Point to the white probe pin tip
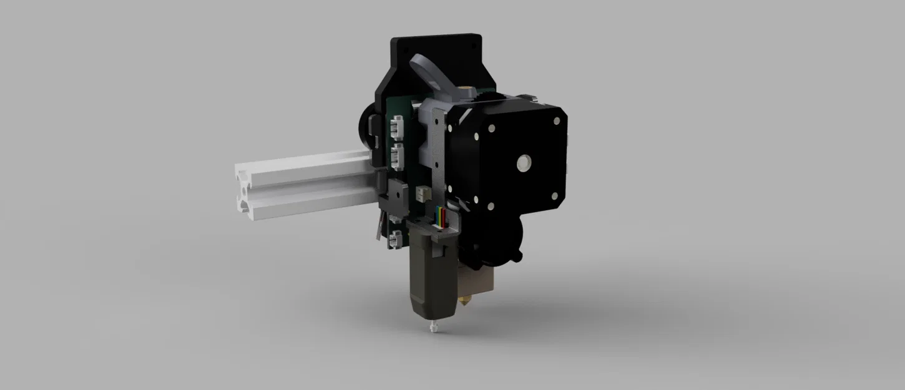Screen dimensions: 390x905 [431, 326]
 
